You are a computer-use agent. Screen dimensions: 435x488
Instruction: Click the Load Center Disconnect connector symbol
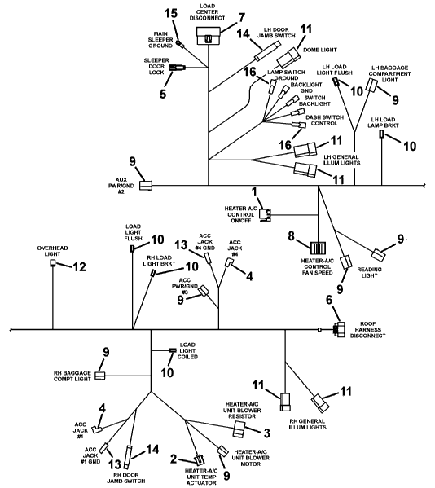(209, 36)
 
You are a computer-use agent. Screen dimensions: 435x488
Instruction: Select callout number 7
(241, 18)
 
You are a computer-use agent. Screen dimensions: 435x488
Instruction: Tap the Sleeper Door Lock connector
(177, 68)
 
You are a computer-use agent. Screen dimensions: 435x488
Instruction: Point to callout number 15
(171, 13)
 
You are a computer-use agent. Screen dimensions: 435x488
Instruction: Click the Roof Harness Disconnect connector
(339, 330)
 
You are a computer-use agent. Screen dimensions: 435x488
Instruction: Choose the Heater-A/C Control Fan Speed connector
(318, 248)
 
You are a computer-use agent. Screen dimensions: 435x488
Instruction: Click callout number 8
(291, 236)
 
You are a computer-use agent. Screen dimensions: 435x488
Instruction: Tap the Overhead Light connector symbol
(53, 263)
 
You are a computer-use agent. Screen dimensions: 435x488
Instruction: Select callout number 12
(79, 266)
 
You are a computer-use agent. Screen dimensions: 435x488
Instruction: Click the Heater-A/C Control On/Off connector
(266, 215)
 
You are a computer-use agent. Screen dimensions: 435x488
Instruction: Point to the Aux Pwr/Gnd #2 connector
(145, 186)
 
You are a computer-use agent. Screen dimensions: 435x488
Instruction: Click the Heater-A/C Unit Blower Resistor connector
(239, 429)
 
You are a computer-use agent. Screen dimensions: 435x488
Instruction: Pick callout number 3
(266, 433)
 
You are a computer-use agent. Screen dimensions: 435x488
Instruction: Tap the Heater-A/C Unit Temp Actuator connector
(199, 459)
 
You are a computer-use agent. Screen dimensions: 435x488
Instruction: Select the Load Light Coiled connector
(173, 350)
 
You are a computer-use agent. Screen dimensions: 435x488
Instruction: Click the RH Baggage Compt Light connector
(100, 376)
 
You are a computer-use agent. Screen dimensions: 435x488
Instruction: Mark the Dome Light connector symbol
(288, 58)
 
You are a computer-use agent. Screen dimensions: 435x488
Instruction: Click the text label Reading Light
(369, 272)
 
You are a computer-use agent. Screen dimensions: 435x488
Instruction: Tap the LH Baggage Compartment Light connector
(371, 85)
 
